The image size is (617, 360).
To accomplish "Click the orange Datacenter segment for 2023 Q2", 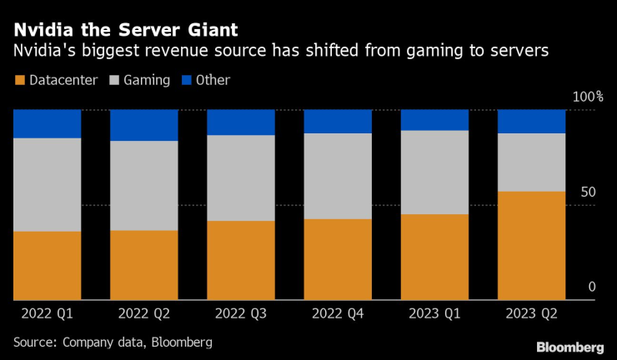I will pyautogui.click(x=531, y=245).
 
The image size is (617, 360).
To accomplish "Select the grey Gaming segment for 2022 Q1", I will pyautogui.click(x=47, y=184).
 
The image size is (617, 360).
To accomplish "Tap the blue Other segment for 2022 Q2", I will pyautogui.click(x=143, y=125).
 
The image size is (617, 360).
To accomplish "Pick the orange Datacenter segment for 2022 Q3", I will pyautogui.click(x=240, y=260).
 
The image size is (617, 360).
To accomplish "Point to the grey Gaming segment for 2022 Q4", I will pyautogui.click(x=338, y=176).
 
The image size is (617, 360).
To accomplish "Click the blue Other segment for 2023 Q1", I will pyautogui.click(x=434, y=120).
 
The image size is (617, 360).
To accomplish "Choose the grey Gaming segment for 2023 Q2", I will pyautogui.click(x=531, y=162).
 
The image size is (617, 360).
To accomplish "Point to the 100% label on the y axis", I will pyautogui.click(x=588, y=97).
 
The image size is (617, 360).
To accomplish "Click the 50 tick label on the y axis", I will pyautogui.click(x=588, y=192).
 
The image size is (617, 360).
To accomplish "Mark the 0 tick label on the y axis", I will pyautogui.click(x=591, y=287).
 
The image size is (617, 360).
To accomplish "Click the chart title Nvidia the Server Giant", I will pyautogui.click(x=125, y=30).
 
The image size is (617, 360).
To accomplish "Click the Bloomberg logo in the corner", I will pyautogui.click(x=570, y=346).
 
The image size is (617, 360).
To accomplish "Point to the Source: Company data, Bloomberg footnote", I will pyautogui.click(x=113, y=342).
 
